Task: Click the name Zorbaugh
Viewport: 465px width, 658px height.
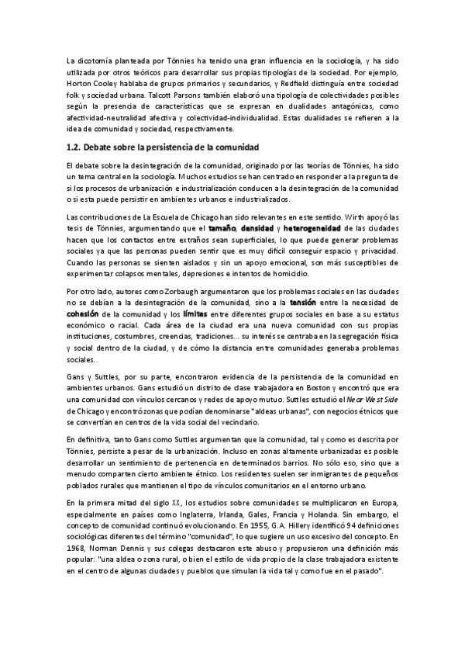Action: pyautogui.click(x=188, y=290)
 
